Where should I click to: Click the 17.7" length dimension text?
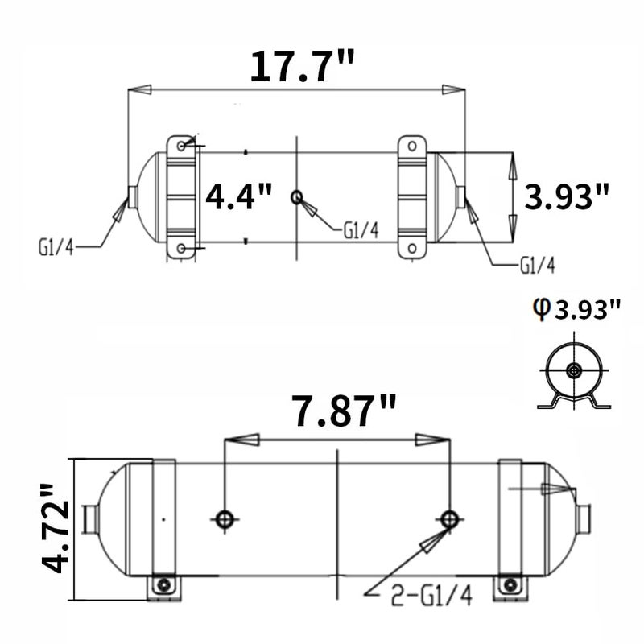[303, 66]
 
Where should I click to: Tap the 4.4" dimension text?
[238, 196]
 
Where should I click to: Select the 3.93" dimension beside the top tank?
[567, 196]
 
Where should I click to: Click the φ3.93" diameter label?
[576, 309]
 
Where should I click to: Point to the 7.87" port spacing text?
[345, 411]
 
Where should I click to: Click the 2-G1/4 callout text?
[431, 595]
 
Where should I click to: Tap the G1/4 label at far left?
[56, 248]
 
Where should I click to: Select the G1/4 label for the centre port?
[361, 230]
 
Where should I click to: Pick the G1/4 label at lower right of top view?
[537, 266]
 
